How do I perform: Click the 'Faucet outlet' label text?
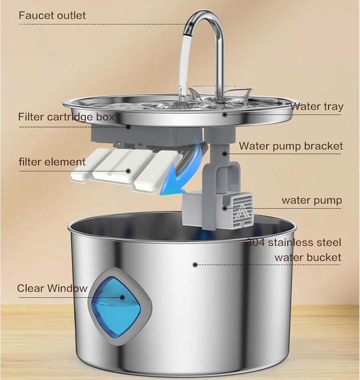(x=52, y=15)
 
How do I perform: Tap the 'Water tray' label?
(x=316, y=106)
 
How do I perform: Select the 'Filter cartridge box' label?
(x=66, y=117)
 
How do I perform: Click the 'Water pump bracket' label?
(x=291, y=146)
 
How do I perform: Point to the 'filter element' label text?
(x=52, y=161)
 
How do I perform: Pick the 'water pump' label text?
(x=312, y=200)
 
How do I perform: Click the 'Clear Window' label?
(x=52, y=288)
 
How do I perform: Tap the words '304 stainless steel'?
(x=294, y=242)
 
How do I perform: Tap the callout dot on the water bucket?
(x=195, y=264)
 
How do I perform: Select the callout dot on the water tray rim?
(x=224, y=114)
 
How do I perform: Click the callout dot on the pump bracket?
(x=224, y=153)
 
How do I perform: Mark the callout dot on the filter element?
(x=128, y=171)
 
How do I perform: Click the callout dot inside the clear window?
(x=122, y=297)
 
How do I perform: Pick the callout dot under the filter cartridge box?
(x=128, y=127)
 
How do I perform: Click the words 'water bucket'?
(x=308, y=257)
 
